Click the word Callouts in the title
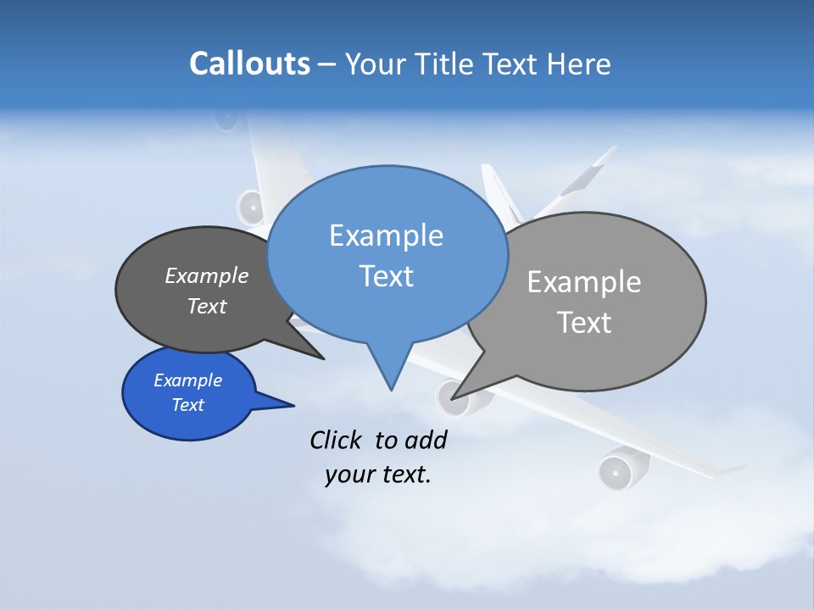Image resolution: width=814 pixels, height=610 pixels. [249, 64]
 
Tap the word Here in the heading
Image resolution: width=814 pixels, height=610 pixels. [579, 64]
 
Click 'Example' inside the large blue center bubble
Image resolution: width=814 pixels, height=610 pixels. [386, 236]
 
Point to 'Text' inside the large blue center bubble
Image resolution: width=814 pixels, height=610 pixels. [386, 276]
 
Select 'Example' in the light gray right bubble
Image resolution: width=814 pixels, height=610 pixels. [583, 282]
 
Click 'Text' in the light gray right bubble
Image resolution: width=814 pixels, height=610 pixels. [584, 323]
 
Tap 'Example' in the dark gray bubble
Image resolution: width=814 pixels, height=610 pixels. [206, 276]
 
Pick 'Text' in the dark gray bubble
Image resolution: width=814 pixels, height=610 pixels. [206, 306]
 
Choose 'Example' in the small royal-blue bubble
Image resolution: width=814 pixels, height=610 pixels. [187, 380]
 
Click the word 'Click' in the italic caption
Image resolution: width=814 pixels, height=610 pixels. [337, 440]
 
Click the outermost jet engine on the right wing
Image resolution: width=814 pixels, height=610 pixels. [617, 470]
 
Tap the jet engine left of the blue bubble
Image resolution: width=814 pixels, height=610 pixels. [251, 206]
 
